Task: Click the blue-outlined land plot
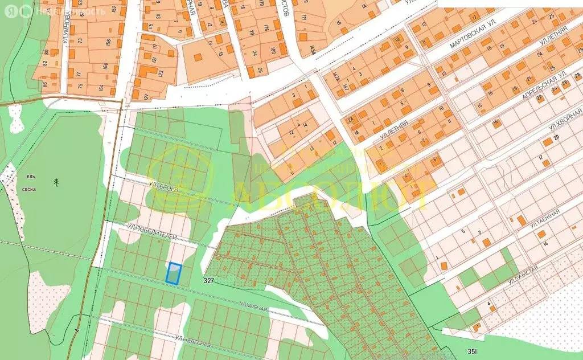pyautogui.click(x=174, y=273)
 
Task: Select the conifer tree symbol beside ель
pyautogui.click(x=56, y=182)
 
